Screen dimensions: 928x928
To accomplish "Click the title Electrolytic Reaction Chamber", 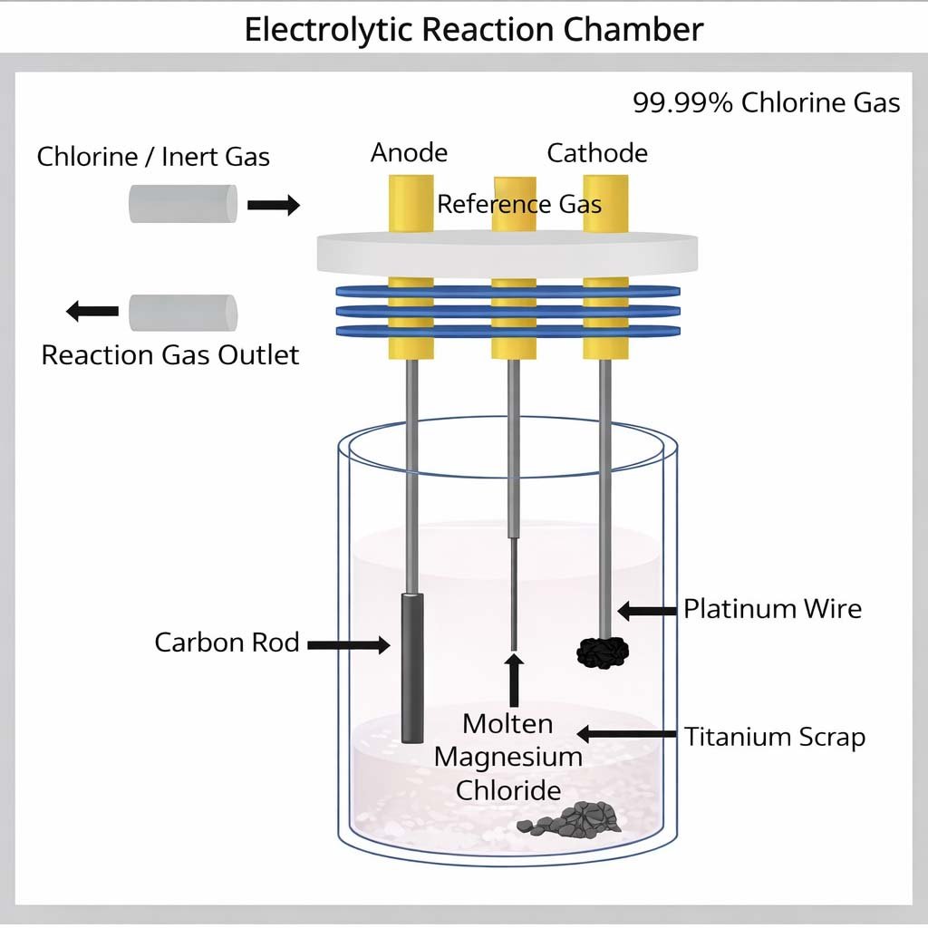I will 473,29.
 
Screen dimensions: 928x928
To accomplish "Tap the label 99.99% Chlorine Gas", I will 766,102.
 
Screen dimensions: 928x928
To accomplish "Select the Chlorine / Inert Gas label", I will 153,157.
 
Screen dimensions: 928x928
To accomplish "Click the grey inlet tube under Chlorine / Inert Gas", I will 182,204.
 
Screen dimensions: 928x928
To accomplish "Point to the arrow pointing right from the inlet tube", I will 274,205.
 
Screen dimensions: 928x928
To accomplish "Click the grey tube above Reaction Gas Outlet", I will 182,313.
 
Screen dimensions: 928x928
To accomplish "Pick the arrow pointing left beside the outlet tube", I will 92,312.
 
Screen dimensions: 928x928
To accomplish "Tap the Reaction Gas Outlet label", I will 170,354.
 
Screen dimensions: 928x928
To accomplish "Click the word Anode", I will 409,152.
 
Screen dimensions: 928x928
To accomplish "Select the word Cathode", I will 597,152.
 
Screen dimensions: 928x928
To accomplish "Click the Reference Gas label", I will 519,204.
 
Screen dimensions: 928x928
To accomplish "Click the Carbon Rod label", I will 227,643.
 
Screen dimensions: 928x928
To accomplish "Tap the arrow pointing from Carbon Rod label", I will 348,644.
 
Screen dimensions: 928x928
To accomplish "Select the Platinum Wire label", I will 772,608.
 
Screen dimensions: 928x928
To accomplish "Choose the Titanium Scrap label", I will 775,737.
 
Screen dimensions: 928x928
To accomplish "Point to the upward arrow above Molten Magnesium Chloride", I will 514,679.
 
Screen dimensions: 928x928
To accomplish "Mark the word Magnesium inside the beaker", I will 508,757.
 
